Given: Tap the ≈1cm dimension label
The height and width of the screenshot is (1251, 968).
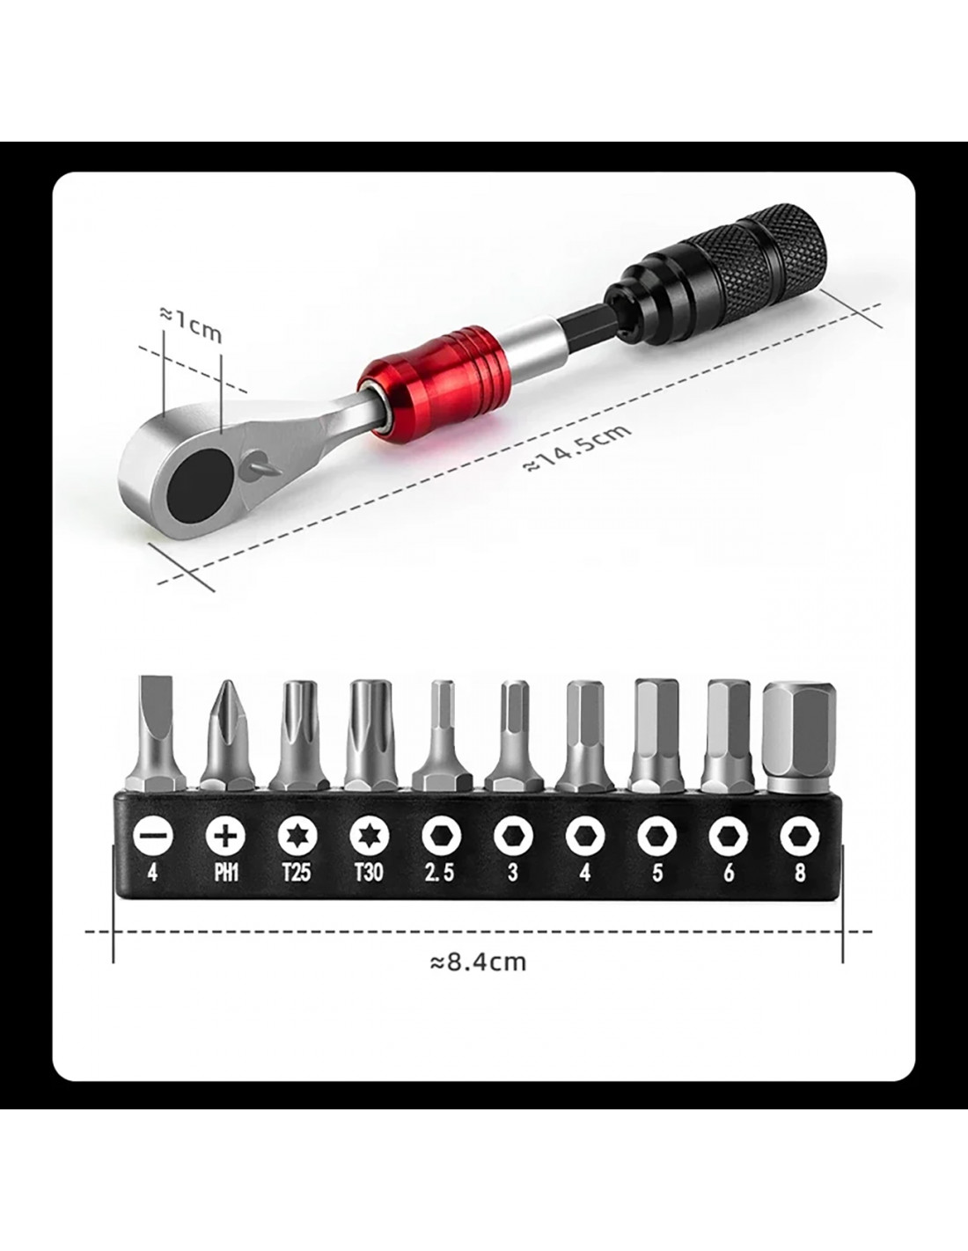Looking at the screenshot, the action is pos(191,324).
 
